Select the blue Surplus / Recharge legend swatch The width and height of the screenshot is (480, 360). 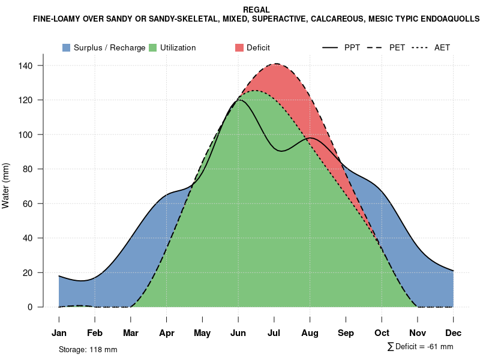(x=67, y=47)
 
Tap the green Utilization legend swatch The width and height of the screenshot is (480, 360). (x=153, y=47)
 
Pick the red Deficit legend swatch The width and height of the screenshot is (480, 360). (x=239, y=47)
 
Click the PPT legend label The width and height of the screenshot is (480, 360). (x=352, y=47)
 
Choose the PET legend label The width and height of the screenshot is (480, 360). (x=397, y=47)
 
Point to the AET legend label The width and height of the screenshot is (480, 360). (x=442, y=47)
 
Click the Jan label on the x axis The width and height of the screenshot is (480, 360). (x=59, y=333)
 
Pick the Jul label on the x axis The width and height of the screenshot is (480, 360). (x=274, y=333)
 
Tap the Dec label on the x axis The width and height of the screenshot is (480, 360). (x=454, y=333)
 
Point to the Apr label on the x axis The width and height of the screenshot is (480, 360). (x=167, y=333)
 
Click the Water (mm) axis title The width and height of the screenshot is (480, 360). (x=6, y=186)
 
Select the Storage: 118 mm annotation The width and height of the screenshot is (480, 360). (x=88, y=349)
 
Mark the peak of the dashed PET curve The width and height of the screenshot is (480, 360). (x=276, y=64)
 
